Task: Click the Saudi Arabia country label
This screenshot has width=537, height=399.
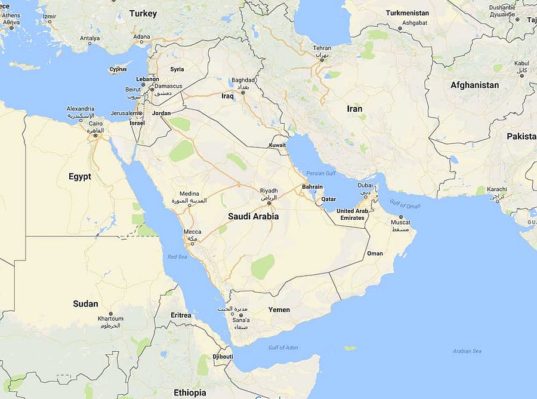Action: pos(253,216)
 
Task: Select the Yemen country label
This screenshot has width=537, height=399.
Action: pos(279,309)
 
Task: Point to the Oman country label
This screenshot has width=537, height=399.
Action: pos(375,253)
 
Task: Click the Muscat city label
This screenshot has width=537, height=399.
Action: pos(400,222)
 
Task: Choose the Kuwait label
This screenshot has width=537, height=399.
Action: pos(277,145)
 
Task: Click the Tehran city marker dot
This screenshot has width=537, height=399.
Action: pos(322,55)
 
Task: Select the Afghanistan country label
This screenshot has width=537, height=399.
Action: pos(474,85)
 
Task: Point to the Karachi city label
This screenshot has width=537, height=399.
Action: pos(496,189)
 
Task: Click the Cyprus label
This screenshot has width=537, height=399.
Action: pos(118,69)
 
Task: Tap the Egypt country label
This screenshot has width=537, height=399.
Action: pos(79,176)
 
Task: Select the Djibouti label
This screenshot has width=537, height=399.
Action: pos(223,357)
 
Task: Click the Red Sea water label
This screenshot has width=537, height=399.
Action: pos(177,257)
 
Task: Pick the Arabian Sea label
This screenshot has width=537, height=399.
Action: pos(467,351)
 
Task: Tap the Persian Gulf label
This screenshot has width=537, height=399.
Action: pos(322,173)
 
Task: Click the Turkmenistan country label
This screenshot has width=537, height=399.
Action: pos(407,13)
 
